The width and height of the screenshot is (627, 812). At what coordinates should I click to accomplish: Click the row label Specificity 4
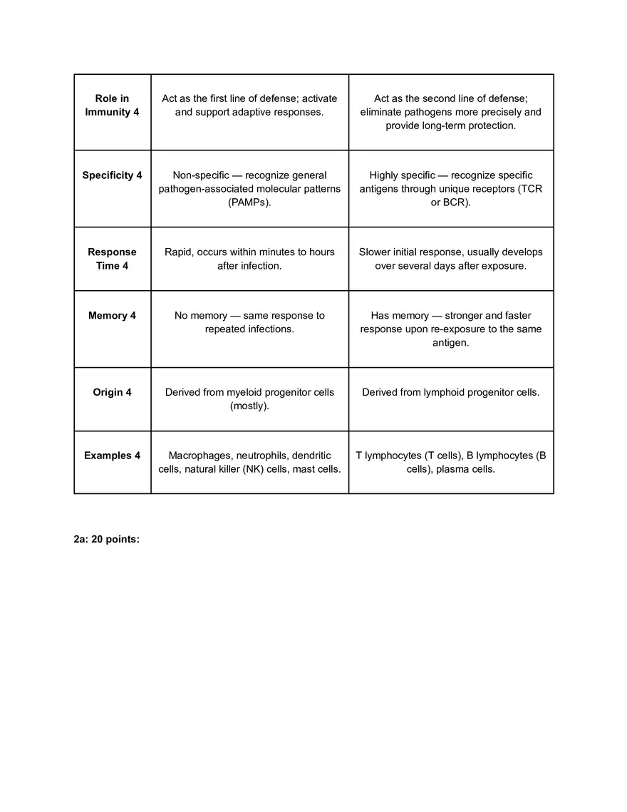coord(112,175)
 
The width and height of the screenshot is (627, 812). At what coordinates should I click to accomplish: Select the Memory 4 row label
coord(112,316)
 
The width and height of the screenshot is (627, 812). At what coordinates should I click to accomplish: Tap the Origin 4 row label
coord(112,392)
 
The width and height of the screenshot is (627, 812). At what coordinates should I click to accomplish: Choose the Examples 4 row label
coord(112,456)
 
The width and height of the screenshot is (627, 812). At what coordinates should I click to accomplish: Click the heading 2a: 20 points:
coord(106,540)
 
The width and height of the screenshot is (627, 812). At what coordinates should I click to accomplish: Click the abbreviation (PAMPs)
coord(249,203)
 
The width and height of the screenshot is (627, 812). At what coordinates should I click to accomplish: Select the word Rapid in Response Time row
coord(179,252)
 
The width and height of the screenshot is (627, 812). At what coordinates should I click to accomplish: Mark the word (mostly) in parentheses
coord(249,406)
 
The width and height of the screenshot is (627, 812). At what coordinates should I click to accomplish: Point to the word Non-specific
coord(201,175)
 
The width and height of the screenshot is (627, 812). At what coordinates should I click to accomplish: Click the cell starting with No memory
coord(249,322)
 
